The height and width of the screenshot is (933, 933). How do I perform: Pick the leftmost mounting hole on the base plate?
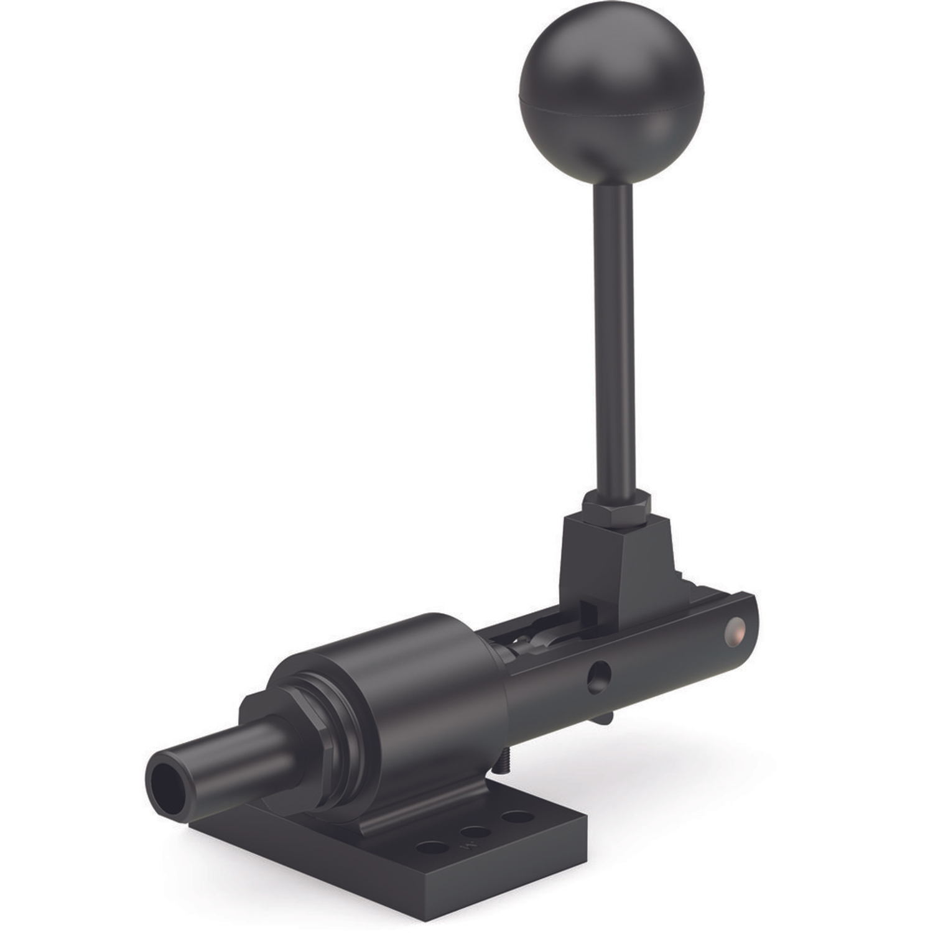click(x=433, y=847)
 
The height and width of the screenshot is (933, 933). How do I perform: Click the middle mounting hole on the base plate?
click(x=475, y=832)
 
